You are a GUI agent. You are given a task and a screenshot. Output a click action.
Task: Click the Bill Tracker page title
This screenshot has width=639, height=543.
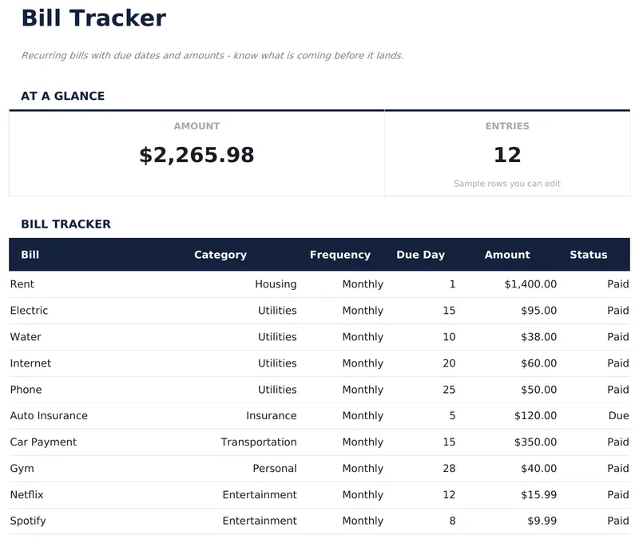93,18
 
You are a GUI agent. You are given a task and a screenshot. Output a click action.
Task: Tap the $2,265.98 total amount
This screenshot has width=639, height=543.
196,155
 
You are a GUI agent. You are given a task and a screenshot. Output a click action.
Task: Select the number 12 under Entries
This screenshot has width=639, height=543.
507,155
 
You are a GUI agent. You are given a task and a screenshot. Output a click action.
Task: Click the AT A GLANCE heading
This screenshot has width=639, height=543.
62,96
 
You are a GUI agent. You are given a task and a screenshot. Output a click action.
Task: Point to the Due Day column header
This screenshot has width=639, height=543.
420,255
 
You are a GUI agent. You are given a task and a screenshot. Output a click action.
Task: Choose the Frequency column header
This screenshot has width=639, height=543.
340,255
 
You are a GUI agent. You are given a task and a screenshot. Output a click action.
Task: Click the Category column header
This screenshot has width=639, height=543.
220,255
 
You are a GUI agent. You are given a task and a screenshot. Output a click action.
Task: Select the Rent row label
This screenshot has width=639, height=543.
22,284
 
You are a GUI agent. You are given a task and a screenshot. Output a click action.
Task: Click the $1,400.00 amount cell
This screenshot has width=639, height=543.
530,284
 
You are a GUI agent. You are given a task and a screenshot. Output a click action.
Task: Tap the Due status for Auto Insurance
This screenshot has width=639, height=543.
618,416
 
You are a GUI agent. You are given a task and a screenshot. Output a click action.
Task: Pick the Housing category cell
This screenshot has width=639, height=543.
276,284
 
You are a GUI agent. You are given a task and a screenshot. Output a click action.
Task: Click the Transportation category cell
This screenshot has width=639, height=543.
259,442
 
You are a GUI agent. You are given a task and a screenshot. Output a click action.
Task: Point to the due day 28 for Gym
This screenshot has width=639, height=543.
449,469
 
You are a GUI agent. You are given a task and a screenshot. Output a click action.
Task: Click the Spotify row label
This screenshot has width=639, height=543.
28,521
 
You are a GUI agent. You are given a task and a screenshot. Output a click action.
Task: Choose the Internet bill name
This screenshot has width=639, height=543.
30,363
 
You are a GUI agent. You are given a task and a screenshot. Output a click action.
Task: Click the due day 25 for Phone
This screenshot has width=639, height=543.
449,390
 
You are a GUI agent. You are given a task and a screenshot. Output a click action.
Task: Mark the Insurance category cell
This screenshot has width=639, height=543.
271,416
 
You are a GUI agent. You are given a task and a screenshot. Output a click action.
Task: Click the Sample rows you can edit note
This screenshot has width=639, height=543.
507,184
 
